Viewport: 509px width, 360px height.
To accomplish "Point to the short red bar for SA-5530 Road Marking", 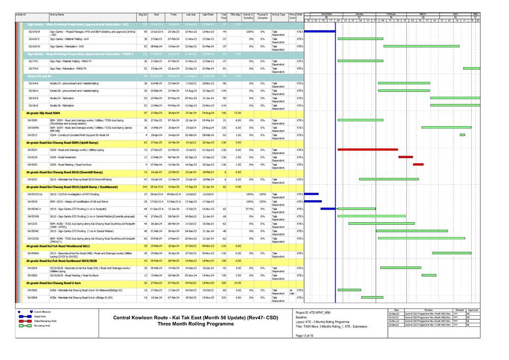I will click(418, 164).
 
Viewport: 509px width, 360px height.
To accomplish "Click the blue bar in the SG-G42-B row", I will click(320, 31).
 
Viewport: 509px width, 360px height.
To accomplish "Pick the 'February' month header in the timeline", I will click(391, 13).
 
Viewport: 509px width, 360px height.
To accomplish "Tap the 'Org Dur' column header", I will click(142, 15).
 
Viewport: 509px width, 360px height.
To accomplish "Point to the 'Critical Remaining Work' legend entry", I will click(45, 321).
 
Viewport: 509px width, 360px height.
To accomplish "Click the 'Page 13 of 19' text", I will click(305, 336).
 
